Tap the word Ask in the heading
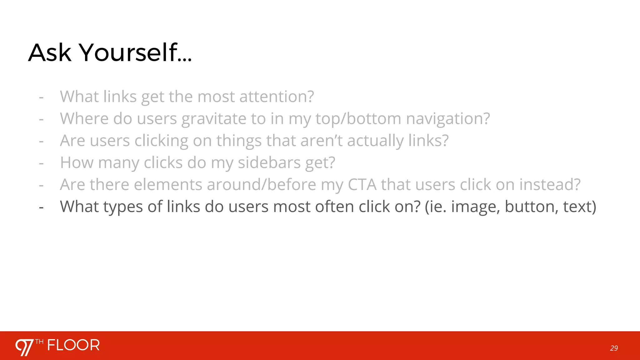(x=50, y=52)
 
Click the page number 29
(x=614, y=348)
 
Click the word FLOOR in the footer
(x=73, y=345)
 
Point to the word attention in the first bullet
(x=276, y=97)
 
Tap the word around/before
(x=261, y=185)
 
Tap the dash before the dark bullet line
(x=41, y=207)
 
